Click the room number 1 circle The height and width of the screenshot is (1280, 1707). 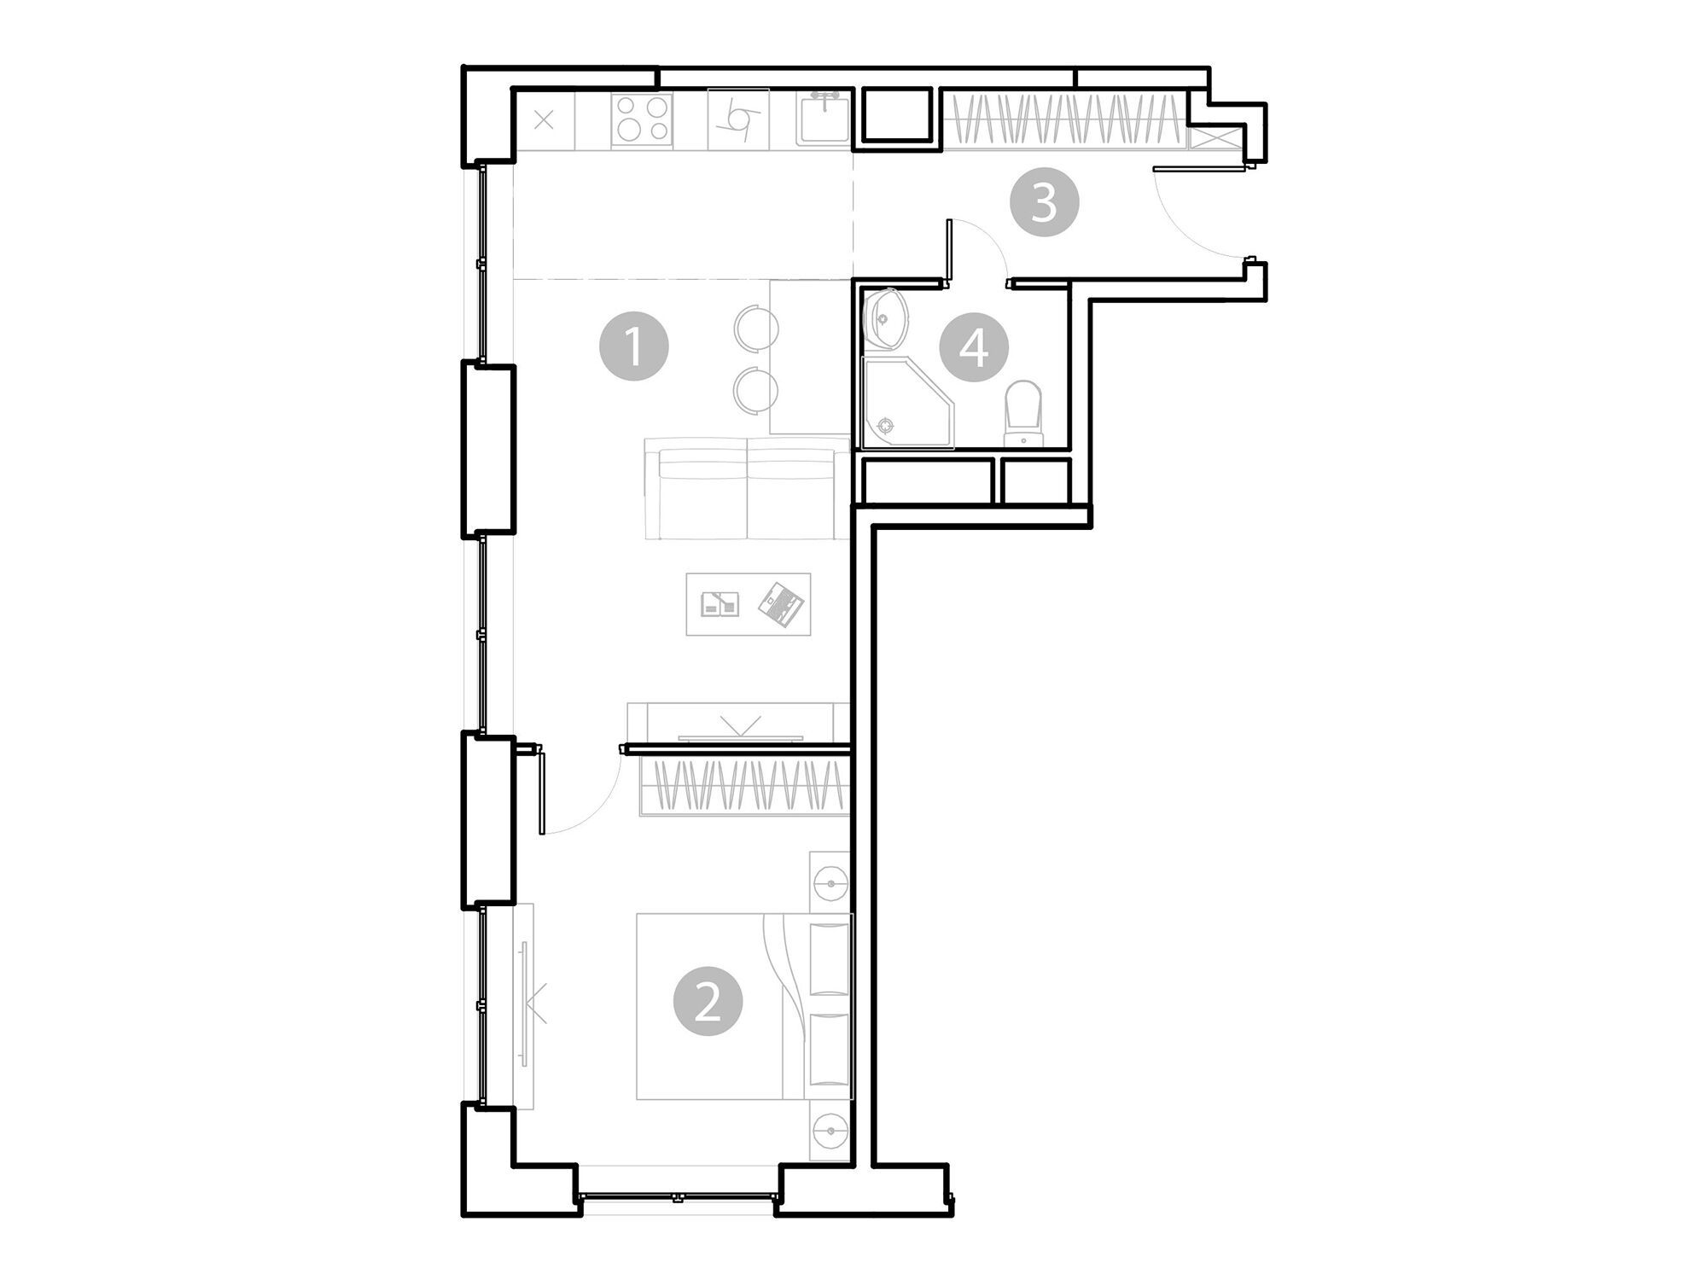click(x=633, y=346)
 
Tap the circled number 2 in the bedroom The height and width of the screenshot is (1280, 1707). click(x=708, y=1002)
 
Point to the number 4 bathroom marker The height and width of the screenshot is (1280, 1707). click(x=974, y=347)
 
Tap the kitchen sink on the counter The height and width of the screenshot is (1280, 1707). click(x=824, y=119)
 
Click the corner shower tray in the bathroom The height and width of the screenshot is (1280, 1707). click(x=906, y=403)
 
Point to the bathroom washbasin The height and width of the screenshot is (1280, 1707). click(x=886, y=319)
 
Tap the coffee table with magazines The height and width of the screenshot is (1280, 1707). click(x=749, y=604)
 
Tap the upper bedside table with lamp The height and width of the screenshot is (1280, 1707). click(x=830, y=881)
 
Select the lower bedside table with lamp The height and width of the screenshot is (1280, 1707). click(x=830, y=1132)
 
